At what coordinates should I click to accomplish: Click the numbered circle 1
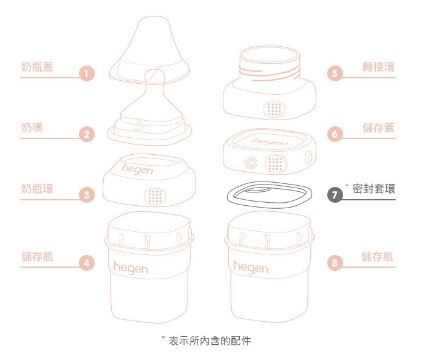[87, 75]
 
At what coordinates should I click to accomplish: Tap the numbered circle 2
[87, 135]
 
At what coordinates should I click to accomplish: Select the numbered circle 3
[87, 195]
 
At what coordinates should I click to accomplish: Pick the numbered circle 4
[87, 263]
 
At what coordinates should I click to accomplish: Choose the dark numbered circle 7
[335, 195]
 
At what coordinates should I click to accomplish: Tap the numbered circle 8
[335, 263]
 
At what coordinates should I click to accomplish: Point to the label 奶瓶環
[36, 189]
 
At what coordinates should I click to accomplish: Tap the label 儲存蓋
[378, 127]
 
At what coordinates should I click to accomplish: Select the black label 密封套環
[373, 189]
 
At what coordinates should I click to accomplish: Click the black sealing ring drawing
[270, 195]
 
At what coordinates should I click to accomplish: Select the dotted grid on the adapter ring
[274, 109]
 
